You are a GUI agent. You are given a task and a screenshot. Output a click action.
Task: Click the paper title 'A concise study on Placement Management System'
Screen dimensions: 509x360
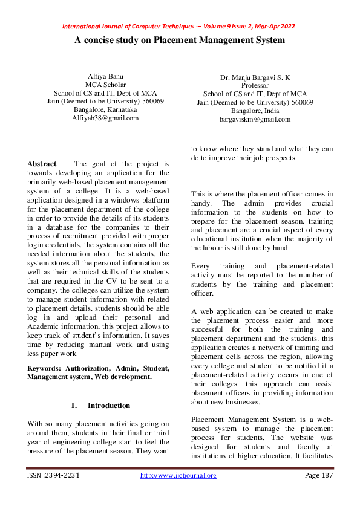pos(180,40)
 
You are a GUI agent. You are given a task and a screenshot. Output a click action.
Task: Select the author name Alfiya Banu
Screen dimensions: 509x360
pos(106,76)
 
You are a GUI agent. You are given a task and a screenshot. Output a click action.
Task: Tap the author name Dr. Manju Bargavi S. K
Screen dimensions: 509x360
pos(255,77)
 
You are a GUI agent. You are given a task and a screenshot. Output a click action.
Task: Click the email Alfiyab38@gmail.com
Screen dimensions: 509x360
pos(106,118)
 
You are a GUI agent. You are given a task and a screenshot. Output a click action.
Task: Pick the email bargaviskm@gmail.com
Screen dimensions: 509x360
pos(255,120)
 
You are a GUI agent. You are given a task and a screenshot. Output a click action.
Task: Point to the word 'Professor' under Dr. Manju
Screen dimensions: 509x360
pos(255,86)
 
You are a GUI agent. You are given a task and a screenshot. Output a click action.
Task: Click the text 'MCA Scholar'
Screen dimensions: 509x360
pos(106,85)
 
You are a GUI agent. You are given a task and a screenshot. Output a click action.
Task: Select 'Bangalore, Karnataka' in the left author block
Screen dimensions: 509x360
pos(106,110)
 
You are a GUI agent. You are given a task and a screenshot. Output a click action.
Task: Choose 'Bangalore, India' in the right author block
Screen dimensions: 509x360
pos(255,111)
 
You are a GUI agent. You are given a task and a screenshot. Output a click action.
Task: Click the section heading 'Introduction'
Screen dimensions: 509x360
pos(109,405)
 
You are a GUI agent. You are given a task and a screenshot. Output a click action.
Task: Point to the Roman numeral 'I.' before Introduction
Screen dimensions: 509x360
pos(74,405)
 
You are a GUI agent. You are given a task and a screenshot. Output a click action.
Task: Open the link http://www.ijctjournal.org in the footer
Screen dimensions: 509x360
pos(178,476)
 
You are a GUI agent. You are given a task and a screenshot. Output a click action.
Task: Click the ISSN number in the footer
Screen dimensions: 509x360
pos(54,476)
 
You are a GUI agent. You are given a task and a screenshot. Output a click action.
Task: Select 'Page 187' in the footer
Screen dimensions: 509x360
pos(318,476)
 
